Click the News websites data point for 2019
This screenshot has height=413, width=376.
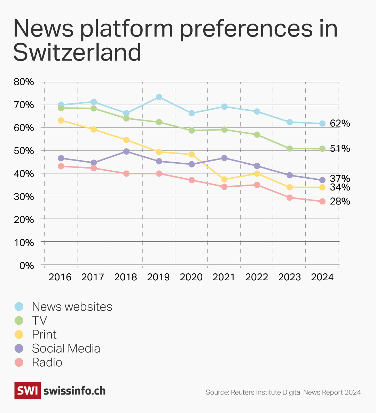click(x=159, y=97)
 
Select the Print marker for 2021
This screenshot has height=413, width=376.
click(x=224, y=179)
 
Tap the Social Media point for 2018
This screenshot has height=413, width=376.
click(x=126, y=151)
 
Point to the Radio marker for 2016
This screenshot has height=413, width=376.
click(x=61, y=166)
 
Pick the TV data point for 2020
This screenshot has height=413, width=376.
click(x=191, y=131)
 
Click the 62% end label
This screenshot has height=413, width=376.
click(x=340, y=124)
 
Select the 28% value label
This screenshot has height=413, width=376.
click(x=340, y=202)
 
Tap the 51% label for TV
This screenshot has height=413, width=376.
click(x=340, y=149)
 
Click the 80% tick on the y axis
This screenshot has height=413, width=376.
click(x=24, y=82)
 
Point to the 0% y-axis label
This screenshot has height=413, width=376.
click(x=26, y=266)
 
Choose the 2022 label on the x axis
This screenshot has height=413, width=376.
click(x=257, y=277)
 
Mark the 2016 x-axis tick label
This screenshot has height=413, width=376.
click(x=60, y=277)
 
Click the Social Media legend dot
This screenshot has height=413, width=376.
click(x=19, y=349)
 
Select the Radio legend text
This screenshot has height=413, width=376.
click(x=47, y=363)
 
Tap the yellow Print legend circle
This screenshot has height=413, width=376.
click(x=19, y=335)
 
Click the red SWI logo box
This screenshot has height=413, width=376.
click(x=27, y=390)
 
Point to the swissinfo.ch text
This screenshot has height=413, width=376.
click(x=75, y=391)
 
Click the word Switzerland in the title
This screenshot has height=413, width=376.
click(x=77, y=52)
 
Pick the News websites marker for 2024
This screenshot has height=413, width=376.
click(x=322, y=124)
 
